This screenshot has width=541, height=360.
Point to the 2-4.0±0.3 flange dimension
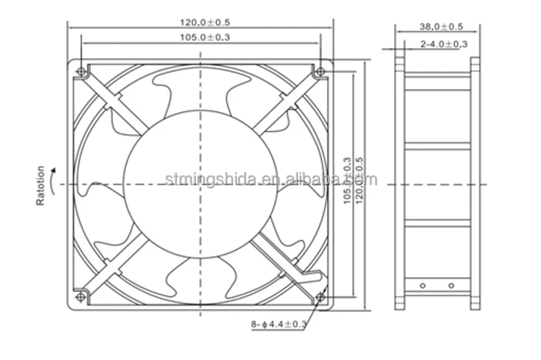pos(444,44)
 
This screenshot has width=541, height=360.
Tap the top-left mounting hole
pos(81,72)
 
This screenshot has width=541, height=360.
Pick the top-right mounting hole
pos(320,72)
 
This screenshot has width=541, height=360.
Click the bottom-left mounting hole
pos(81,296)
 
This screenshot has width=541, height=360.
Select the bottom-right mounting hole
pos(320,296)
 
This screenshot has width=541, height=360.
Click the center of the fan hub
pos(201,184)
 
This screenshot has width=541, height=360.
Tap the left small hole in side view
pos(423,285)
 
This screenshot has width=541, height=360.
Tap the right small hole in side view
pos(451,285)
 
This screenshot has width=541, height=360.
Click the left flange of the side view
pos(400,184)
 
